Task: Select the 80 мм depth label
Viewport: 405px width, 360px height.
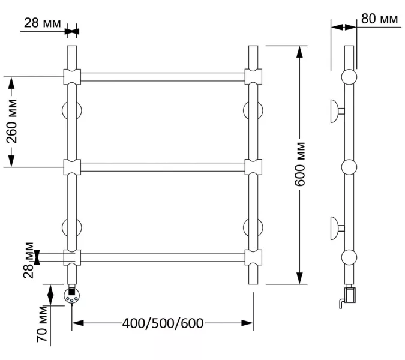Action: [380, 20]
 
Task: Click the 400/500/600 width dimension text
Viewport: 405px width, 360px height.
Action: [163, 323]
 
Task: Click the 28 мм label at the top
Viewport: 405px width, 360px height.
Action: [42, 23]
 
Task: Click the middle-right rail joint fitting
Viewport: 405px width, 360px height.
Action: [253, 167]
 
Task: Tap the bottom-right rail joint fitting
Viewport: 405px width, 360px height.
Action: [253, 257]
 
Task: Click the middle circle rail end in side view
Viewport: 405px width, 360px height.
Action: [349, 167]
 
